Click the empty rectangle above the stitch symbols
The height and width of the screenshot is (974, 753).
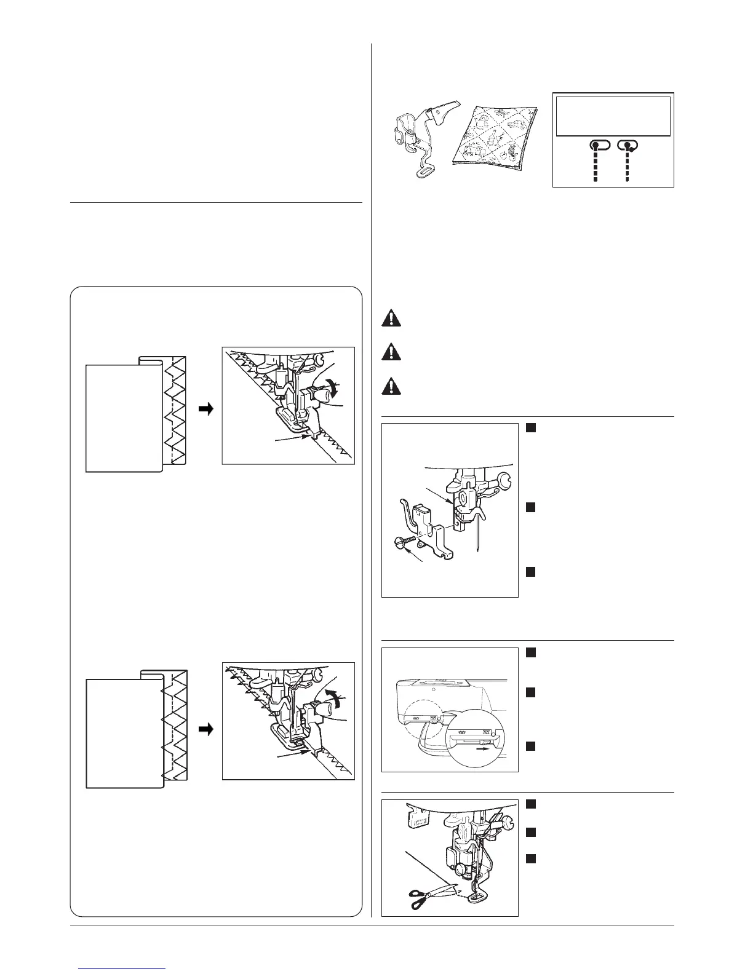613,116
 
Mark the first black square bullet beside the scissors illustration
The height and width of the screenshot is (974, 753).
530,804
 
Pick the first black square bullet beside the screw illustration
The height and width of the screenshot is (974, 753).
530,428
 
